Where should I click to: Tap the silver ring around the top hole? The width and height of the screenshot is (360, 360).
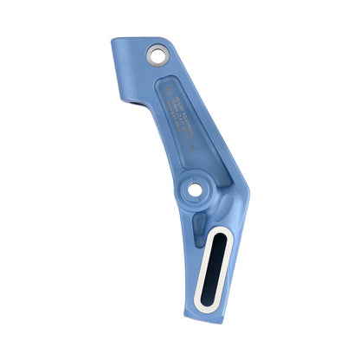(x=164, y=61)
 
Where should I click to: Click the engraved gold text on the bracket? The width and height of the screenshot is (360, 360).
(x=177, y=112)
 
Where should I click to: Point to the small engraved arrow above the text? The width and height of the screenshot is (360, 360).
(x=167, y=86)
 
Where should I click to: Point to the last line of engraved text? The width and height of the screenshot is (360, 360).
(x=186, y=128)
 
